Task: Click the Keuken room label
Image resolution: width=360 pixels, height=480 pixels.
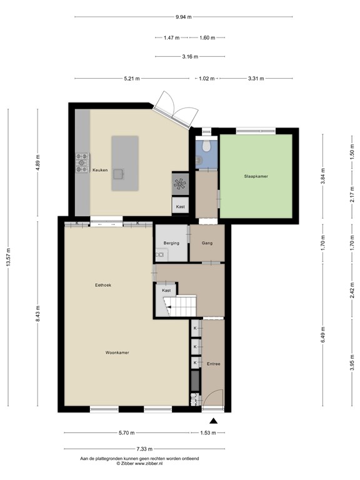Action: [100, 170]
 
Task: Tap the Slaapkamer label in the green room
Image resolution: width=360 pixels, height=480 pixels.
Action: [256, 176]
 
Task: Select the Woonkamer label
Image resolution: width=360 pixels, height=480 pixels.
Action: [117, 352]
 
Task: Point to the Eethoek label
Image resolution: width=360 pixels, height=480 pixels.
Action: [103, 285]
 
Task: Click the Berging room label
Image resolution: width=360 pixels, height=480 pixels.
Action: [171, 243]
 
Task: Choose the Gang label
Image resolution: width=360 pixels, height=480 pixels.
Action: [207, 243]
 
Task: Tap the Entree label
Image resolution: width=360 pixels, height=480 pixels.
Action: [213, 364]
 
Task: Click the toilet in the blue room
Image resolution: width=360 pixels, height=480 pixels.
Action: [207, 146]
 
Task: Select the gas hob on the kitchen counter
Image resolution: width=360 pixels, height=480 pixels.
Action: [82, 163]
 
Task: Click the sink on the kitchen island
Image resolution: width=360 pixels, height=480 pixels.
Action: [119, 174]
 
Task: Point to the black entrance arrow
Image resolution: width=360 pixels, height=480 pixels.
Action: [213, 421]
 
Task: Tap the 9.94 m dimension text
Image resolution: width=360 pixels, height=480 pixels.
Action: [184, 17]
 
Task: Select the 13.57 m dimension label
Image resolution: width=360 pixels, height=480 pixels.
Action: [8, 257]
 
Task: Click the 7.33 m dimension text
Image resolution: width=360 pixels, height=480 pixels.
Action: [144, 449]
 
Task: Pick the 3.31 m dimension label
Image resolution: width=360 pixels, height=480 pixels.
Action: [256, 79]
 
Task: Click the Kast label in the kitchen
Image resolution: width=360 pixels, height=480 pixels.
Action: [180, 207]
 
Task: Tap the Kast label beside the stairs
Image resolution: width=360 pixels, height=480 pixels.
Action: [166, 291]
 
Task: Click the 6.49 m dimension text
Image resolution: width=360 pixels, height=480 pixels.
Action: [323, 336]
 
